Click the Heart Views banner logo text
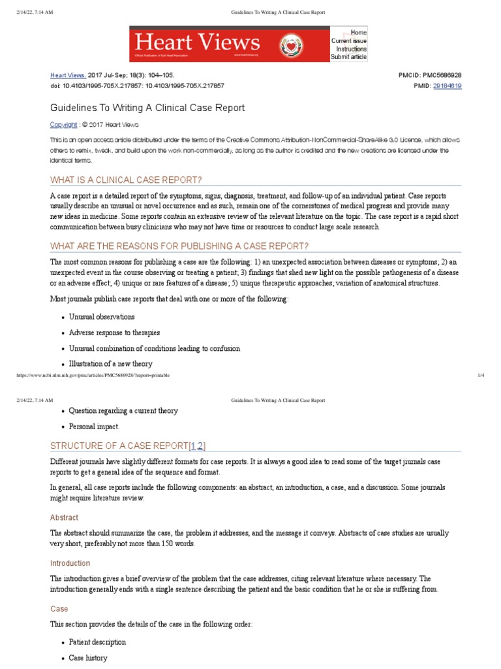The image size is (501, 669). [x=197, y=42]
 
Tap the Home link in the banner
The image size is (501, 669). [x=358, y=32]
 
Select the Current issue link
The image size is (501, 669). [x=349, y=41]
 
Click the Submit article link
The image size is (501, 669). [x=348, y=57]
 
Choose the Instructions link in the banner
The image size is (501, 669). [x=352, y=49]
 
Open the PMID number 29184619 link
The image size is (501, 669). [x=447, y=86]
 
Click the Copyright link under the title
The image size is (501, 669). [x=64, y=124]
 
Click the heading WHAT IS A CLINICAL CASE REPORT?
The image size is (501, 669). [x=126, y=180]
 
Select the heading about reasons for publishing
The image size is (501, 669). [x=179, y=246]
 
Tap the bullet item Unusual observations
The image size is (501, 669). [x=102, y=317]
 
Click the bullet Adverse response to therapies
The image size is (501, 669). [x=114, y=333]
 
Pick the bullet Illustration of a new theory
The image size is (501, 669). [x=110, y=364]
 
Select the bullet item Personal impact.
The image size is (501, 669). [x=94, y=427]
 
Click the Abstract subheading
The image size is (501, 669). [x=64, y=517]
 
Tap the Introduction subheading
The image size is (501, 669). [x=70, y=563]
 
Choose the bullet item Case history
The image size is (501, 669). [x=88, y=658]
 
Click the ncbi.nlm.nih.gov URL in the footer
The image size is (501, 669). [x=91, y=376]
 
